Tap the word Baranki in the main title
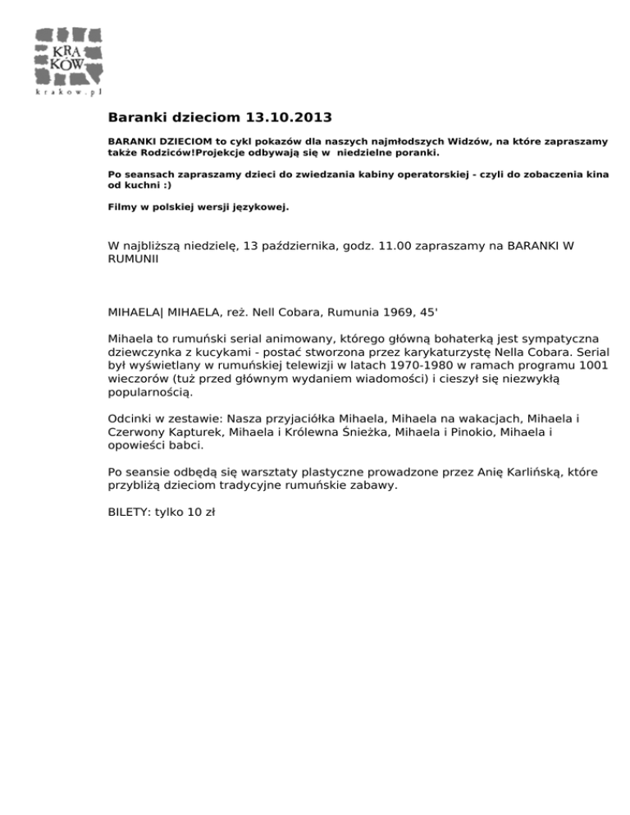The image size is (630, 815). (x=139, y=118)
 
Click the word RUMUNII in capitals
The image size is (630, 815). (x=133, y=259)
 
